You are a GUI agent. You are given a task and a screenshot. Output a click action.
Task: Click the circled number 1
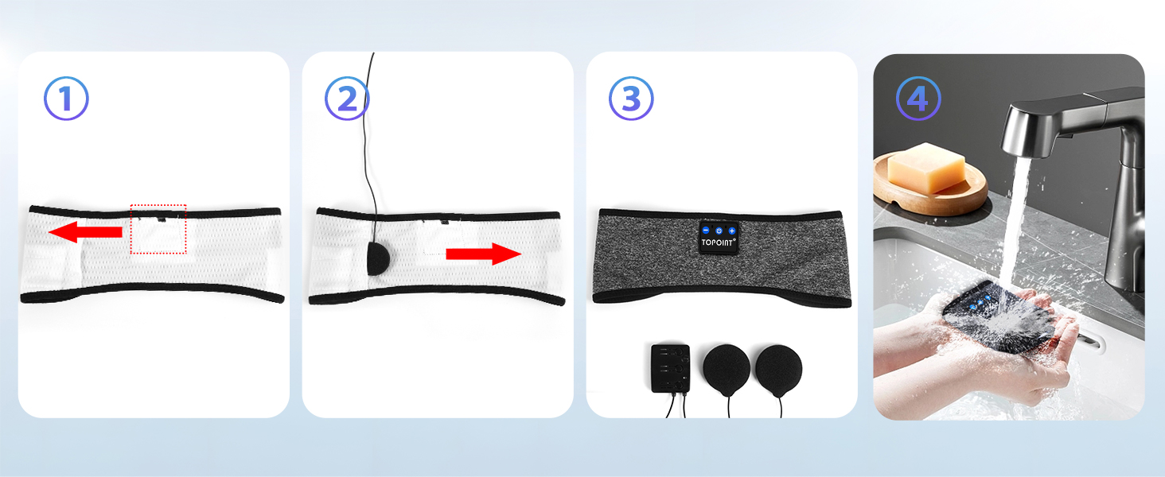coord(66,99)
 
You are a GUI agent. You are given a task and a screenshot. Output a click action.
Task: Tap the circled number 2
coord(348,99)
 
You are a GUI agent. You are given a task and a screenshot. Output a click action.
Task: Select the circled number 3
coord(631,99)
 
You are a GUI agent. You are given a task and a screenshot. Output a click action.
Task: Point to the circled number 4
coord(918,99)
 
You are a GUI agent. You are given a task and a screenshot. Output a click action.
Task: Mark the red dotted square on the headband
coord(158,229)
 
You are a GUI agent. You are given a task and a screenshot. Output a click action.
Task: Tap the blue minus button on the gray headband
coord(706,231)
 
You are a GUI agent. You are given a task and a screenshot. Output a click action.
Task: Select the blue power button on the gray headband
coord(719,231)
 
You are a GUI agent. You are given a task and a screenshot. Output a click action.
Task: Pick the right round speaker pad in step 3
coord(779,368)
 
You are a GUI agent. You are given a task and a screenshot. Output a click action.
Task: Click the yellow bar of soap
coord(926,168)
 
